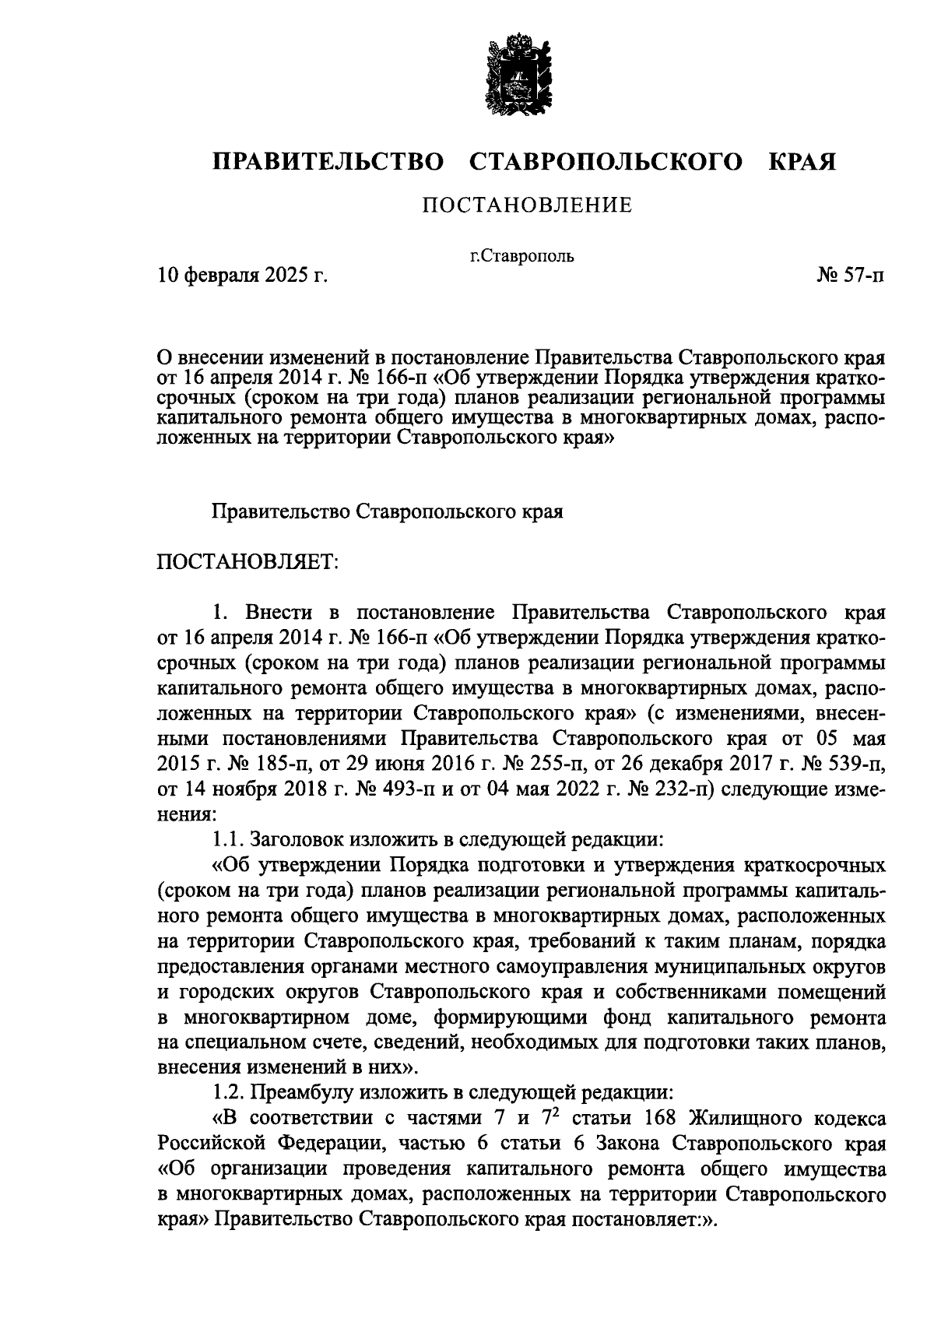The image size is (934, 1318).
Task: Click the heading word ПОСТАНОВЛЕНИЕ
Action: (526, 206)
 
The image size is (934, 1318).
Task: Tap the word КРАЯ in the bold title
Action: (802, 162)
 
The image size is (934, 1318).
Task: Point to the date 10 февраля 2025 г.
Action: (241, 275)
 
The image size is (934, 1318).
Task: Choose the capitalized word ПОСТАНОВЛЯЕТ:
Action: (248, 561)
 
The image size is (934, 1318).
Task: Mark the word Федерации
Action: (328, 1144)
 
